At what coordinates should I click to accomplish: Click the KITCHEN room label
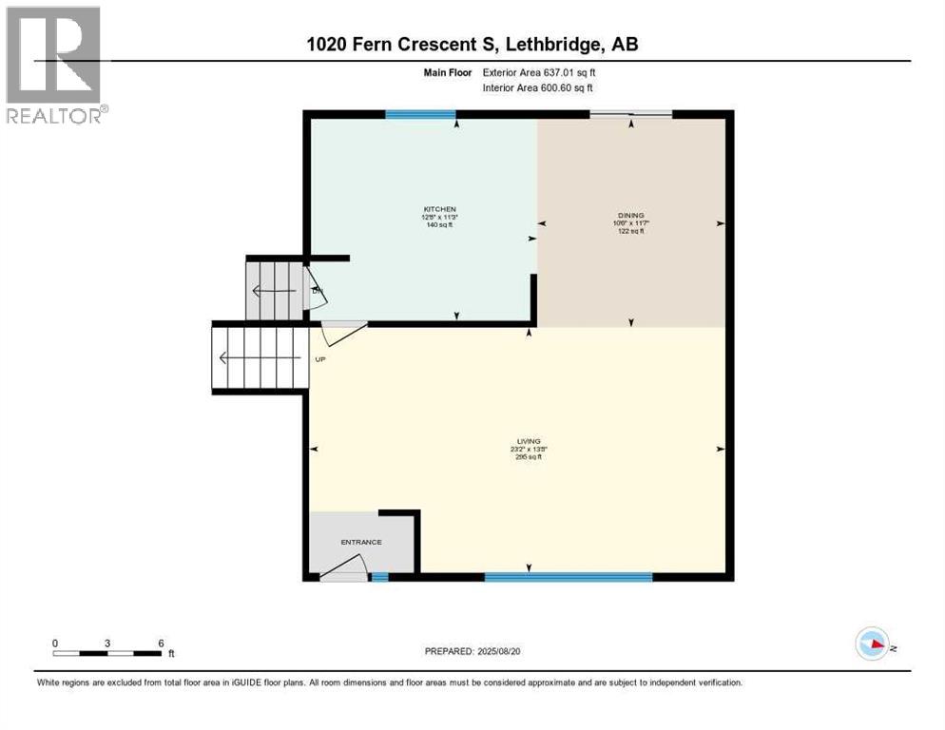tap(440, 208)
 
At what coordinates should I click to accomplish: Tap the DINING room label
tap(630, 215)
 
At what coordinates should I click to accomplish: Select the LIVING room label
tap(529, 441)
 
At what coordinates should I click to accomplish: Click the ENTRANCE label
tap(361, 542)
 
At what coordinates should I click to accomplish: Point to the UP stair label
tap(320, 359)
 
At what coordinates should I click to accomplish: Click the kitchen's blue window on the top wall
tap(420, 115)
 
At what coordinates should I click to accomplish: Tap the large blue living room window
tap(568, 576)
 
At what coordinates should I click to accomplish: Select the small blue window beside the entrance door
tap(379, 576)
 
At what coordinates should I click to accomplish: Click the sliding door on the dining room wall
tap(631, 115)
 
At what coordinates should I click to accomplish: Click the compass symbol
tap(872, 644)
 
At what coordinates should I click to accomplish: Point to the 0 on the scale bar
tap(56, 643)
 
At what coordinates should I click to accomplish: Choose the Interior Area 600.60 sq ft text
tap(538, 88)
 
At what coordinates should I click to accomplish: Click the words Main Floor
tap(447, 72)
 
